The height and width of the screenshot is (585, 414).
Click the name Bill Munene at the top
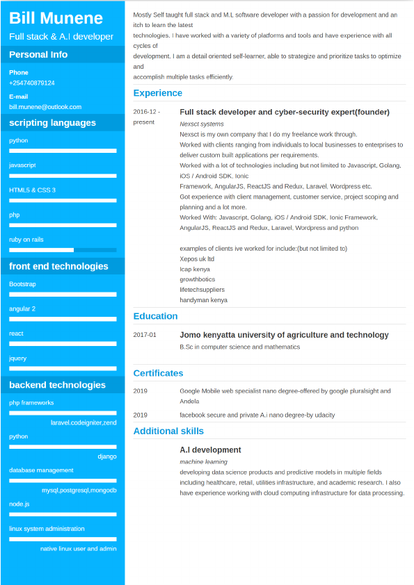pos(56,18)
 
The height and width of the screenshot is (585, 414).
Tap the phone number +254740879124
pos(32,83)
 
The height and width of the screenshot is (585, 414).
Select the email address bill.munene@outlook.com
pos(45,107)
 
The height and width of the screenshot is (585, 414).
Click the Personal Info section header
pos(38,55)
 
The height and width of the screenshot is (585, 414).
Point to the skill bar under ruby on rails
pos(63,249)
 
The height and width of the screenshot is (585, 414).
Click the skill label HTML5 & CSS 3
pos(32,190)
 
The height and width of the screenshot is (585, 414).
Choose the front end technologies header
pos(58,266)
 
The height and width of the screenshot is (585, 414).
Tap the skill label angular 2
pos(22,308)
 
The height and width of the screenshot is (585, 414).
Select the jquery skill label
pos(17,358)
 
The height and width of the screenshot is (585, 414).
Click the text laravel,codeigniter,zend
pos(83,422)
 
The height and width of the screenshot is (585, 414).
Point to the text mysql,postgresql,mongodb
pos(79,491)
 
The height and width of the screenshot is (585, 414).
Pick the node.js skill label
pos(19,504)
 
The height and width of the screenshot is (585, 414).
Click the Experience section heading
pos(157,93)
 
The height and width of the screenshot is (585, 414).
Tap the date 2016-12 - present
pos(146,117)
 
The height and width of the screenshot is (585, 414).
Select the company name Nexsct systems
pos(202,124)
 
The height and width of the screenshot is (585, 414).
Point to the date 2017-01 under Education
pos(145,335)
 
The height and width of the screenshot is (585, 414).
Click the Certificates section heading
pos(158,373)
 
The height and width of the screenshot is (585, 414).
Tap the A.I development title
pos(210,450)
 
